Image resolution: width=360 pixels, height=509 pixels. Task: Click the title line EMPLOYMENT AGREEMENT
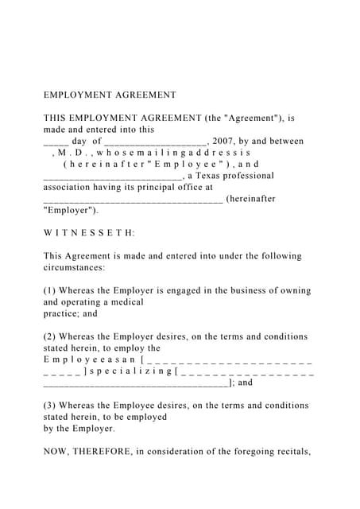point(110,95)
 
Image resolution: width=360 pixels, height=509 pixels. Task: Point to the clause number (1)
point(51,290)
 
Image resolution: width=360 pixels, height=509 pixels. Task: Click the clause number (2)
point(51,336)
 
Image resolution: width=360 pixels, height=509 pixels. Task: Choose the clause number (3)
point(51,405)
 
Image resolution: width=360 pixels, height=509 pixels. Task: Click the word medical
point(128,302)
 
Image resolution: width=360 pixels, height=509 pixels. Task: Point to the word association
point(69,188)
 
